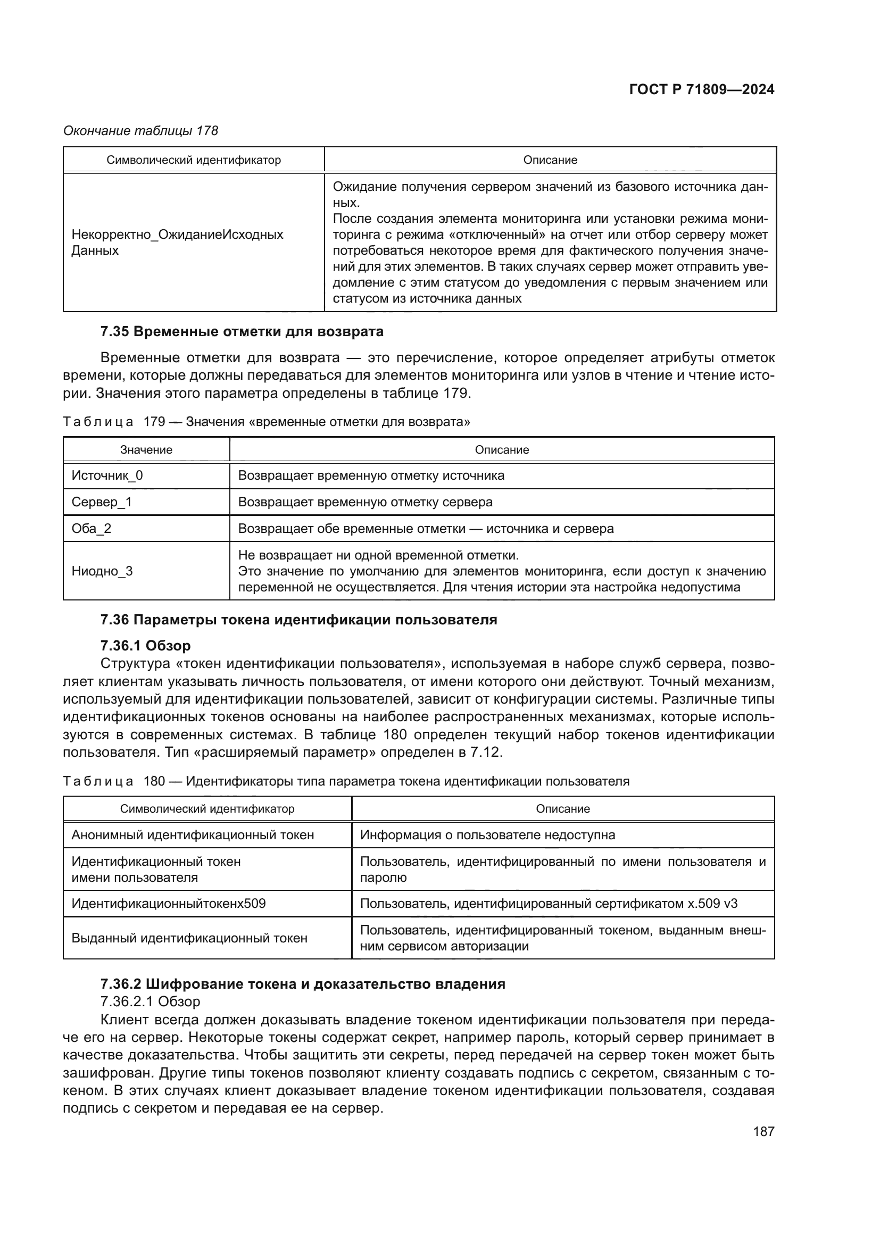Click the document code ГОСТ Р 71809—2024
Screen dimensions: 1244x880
(x=701, y=90)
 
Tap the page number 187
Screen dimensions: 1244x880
(x=763, y=1131)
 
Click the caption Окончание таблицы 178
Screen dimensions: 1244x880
(x=141, y=131)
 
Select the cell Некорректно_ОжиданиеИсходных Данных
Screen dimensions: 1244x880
(x=178, y=242)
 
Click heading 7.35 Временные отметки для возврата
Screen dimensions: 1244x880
(x=242, y=331)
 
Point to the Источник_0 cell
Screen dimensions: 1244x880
(x=107, y=475)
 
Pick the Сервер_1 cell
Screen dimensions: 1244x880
(x=102, y=502)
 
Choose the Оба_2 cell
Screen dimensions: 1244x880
(x=92, y=528)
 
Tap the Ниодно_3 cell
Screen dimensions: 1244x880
(x=102, y=571)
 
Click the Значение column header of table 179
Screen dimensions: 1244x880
(x=146, y=450)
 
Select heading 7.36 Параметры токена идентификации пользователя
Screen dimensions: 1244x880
(x=298, y=619)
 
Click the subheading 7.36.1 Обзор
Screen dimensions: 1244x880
(x=145, y=646)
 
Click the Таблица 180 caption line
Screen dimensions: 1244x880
(x=346, y=781)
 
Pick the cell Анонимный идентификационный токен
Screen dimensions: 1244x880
(x=193, y=834)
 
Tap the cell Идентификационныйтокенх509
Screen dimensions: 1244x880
(x=169, y=903)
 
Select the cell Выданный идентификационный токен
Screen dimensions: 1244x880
(x=189, y=938)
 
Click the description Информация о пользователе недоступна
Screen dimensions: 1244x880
(x=488, y=834)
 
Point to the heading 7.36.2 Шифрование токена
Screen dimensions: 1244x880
(x=302, y=984)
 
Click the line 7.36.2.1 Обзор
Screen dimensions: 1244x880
(x=151, y=1001)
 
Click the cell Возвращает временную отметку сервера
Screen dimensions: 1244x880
(x=366, y=502)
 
